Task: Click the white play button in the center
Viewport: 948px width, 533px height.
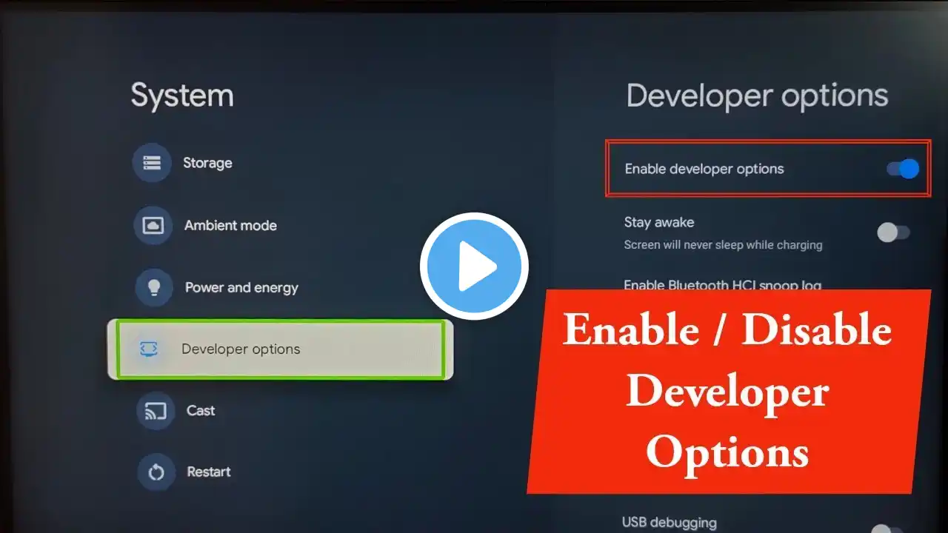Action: [x=474, y=266]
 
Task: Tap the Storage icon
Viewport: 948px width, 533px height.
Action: [x=152, y=162]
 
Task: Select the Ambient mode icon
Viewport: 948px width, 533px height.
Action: [x=153, y=225]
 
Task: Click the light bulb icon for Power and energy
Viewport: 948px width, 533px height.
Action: [x=154, y=288]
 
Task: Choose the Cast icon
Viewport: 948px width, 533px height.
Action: [x=156, y=411]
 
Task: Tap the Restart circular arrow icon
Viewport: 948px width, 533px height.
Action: [x=156, y=472]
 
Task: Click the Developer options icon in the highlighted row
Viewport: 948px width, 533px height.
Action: [x=149, y=349]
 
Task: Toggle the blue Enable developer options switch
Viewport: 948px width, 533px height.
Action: [x=903, y=169]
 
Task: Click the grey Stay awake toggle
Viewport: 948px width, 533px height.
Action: [x=893, y=232]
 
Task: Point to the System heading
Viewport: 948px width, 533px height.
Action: [x=182, y=96]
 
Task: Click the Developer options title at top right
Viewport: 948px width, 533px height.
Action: [x=757, y=96]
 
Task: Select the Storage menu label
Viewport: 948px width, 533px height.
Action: [x=207, y=163]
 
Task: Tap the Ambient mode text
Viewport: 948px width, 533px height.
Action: [x=230, y=226]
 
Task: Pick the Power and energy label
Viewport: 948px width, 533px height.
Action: [x=241, y=288]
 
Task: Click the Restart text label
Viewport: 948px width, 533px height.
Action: [x=209, y=472]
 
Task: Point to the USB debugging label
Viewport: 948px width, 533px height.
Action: [x=669, y=523]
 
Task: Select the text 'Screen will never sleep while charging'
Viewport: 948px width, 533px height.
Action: [x=724, y=245]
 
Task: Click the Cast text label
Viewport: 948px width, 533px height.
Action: [x=201, y=410]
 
